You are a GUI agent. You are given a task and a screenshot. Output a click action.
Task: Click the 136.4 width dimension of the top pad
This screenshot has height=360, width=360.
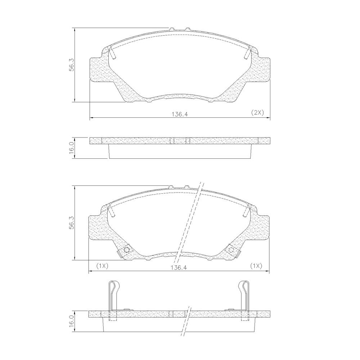pos(180,114)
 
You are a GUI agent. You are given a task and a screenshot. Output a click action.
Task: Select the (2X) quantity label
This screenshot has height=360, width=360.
pos(257,112)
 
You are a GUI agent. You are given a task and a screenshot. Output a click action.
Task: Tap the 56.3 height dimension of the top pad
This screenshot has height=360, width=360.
pos(72,65)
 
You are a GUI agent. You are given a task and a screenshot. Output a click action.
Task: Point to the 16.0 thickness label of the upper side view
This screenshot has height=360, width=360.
pos(72,148)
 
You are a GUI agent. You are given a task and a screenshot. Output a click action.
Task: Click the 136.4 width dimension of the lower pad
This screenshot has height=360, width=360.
pos(179,267)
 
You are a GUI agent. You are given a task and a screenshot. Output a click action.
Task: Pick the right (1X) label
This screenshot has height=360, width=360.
pos(256,266)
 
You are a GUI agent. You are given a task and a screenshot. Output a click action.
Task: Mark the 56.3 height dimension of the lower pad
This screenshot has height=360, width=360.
pos(72,223)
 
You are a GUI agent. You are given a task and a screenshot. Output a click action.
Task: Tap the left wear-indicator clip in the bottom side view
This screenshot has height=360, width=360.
pos(113,298)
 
